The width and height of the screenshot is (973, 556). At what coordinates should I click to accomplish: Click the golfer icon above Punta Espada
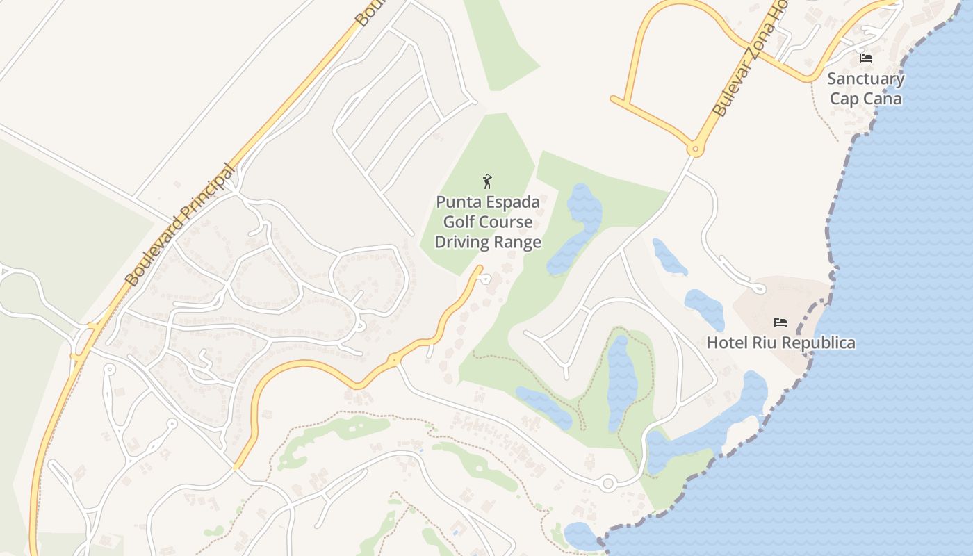487,182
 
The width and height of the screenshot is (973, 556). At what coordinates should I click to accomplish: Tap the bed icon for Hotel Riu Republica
780,322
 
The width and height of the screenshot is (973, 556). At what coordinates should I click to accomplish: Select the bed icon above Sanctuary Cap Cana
866,58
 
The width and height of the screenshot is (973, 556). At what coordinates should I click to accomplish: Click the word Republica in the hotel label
819,343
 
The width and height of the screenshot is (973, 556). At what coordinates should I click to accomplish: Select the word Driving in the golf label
461,243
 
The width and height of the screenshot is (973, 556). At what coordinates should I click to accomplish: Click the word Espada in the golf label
513,202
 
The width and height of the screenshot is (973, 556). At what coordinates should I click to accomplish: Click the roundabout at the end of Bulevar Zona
694,149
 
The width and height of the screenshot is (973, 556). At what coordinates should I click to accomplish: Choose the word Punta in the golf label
455,202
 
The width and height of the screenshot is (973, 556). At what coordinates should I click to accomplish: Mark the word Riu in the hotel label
766,343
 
